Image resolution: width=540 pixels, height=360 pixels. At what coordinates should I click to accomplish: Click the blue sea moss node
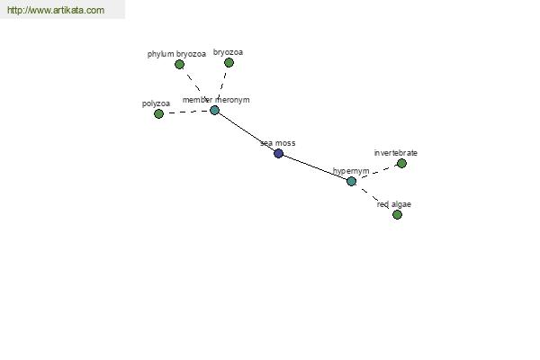tap(279, 153)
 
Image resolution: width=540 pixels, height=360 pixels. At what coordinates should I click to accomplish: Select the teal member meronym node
tap(214, 110)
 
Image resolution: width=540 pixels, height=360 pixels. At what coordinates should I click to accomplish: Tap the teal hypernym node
tap(351, 181)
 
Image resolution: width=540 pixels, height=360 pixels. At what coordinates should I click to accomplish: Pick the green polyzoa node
tap(158, 113)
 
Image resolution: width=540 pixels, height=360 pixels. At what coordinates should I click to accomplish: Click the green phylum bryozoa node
tap(179, 64)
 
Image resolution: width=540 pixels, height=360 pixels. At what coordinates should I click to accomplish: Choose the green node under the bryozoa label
tap(229, 63)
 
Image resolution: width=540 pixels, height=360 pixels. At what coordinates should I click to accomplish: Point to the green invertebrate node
tap(401, 163)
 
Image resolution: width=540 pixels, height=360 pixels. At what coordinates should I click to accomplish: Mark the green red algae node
tap(397, 214)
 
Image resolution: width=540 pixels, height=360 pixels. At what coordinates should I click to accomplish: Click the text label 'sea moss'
tap(278, 143)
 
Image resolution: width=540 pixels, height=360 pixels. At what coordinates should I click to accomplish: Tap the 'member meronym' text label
tap(216, 100)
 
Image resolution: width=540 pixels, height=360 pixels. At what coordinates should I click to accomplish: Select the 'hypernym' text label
tap(351, 171)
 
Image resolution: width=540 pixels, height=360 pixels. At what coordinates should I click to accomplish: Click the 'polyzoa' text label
tap(156, 103)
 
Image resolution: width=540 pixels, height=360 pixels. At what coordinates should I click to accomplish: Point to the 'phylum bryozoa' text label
tap(176, 54)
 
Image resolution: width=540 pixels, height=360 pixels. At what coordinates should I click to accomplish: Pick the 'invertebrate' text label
tap(396, 153)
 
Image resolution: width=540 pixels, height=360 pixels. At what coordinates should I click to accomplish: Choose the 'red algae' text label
tap(394, 204)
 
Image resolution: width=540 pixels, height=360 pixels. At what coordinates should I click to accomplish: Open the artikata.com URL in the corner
tap(56, 10)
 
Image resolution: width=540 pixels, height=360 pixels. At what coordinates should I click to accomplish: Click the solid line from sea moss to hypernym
tap(315, 167)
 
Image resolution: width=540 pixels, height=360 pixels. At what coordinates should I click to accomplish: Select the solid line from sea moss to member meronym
tap(247, 131)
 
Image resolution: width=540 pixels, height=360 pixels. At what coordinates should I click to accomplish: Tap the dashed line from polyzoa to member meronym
tap(186, 112)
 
